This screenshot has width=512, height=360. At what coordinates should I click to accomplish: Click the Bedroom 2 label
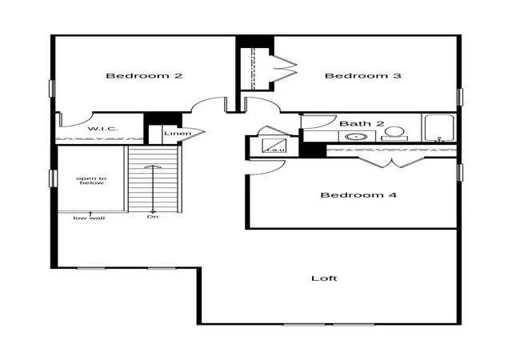tap(144, 76)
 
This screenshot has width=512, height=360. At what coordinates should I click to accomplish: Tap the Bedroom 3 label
tap(362, 76)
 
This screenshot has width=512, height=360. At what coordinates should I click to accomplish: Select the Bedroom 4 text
tap(358, 195)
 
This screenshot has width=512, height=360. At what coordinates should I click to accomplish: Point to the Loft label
tap(324, 278)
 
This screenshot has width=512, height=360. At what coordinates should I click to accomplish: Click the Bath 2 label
tap(362, 123)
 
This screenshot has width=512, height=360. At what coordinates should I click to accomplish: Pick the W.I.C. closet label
tap(103, 129)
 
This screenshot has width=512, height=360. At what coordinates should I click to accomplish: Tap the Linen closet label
tap(178, 134)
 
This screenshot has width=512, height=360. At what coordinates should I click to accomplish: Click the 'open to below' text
tap(91, 181)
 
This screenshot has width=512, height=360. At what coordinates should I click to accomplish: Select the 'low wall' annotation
tap(89, 218)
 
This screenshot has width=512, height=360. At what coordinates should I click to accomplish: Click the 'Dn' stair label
tap(153, 217)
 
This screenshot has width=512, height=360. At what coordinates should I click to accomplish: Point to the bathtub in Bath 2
tap(439, 128)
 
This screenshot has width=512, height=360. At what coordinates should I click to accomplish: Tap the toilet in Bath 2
tap(394, 134)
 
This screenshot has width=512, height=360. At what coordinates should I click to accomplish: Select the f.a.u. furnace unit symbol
tap(274, 145)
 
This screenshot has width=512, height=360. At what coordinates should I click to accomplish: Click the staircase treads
tap(153, 179)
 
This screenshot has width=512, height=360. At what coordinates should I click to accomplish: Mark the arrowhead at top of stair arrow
tap(153, 166)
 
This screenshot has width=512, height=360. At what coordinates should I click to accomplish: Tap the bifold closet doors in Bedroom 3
tap(285, 69)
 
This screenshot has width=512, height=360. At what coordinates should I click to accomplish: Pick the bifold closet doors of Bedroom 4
tap(392, 162)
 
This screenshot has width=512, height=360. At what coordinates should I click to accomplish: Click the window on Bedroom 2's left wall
tap(51, 88)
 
